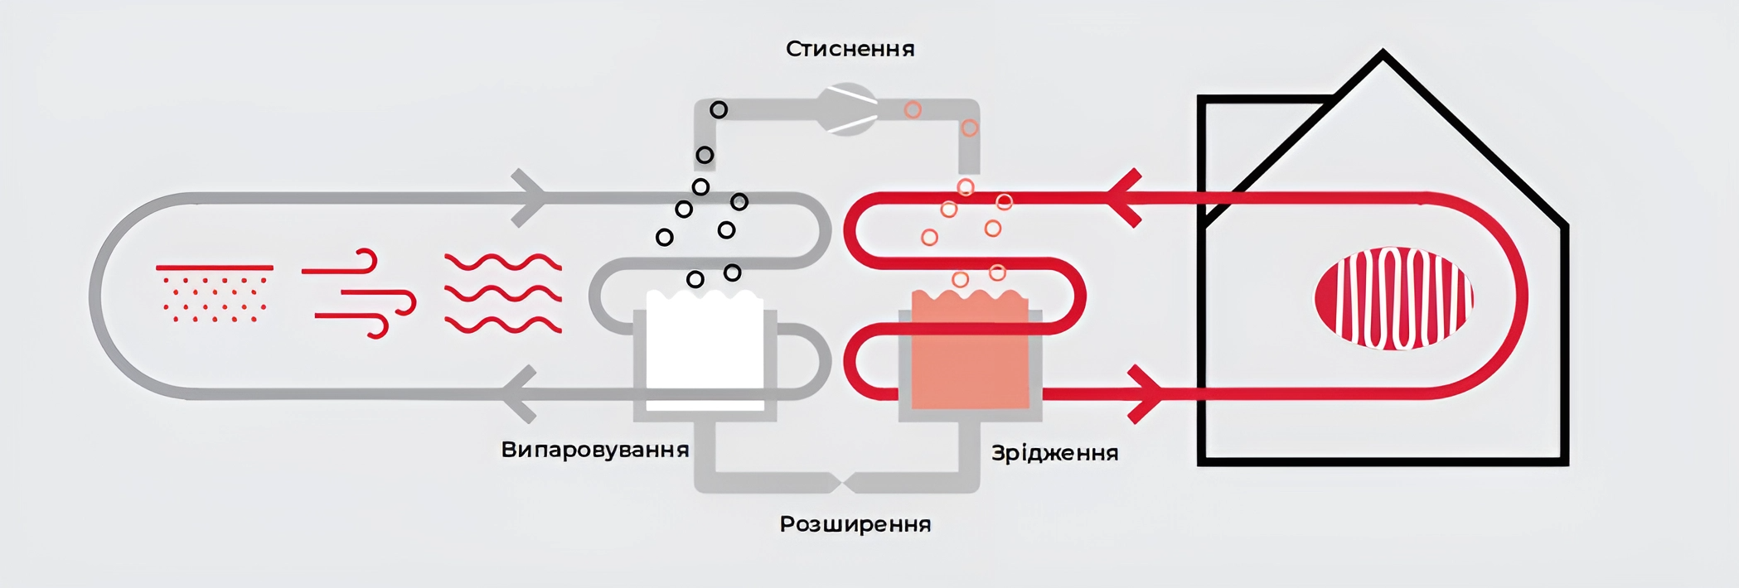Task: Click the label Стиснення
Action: (x=850, y=49)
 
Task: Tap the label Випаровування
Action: (x=595, y=450)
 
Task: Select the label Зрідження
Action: (x=1055, y=453)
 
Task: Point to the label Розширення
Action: (x=855, y=524)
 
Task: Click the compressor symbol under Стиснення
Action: (x=847, y=109)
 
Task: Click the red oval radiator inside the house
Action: (x=1394, y=298)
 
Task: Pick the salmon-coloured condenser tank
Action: (x=970, y=349)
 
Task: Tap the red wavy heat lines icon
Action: (x=503, y=293)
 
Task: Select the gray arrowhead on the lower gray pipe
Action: (x=521, y=394)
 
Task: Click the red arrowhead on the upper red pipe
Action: (x=1124, y=198)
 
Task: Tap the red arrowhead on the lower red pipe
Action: (x=1147, y=394)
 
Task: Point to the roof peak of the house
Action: (x=1383, y=52)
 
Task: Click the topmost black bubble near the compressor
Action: (x=719, y=109)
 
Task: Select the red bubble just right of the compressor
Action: (x=913, y=109)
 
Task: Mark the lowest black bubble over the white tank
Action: (x=695, y=280)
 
